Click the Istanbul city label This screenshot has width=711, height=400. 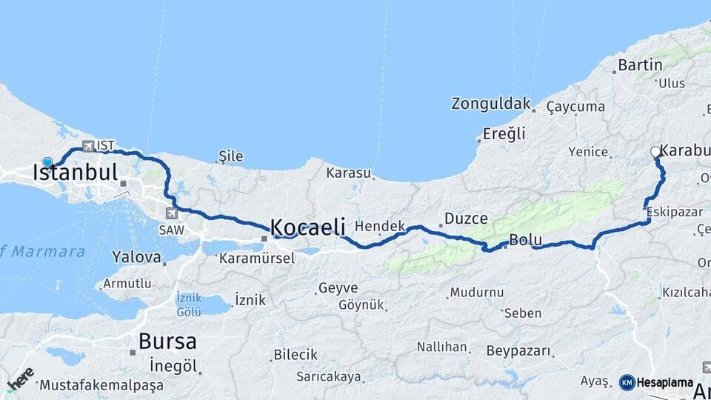point(75,173)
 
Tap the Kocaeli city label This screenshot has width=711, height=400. point(307,227)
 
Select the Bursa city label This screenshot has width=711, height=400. point(167,341)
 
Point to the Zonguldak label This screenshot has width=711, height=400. point(491,104)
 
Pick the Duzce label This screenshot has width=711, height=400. point(465,219)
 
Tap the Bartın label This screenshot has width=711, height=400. point(639,65)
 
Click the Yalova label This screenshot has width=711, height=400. point(136,257)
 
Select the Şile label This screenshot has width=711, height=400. point(230,156)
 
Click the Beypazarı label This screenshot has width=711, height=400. point(519,350)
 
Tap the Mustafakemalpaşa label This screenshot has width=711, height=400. point(101,385)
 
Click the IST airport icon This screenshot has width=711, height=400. point(89,146)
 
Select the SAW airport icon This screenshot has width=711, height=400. point(173,214)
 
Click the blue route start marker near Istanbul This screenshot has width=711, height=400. point(48,162)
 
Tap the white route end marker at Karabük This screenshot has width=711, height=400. point(655,152)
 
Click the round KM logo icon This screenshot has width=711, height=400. point(627,383)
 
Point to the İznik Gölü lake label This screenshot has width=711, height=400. point(189,304)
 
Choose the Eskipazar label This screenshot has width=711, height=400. point(674,212)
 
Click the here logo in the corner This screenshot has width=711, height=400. point(20,379)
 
